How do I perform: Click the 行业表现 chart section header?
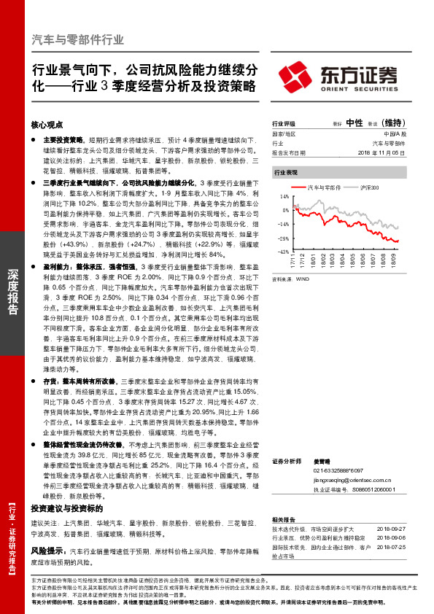click(286, 173)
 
